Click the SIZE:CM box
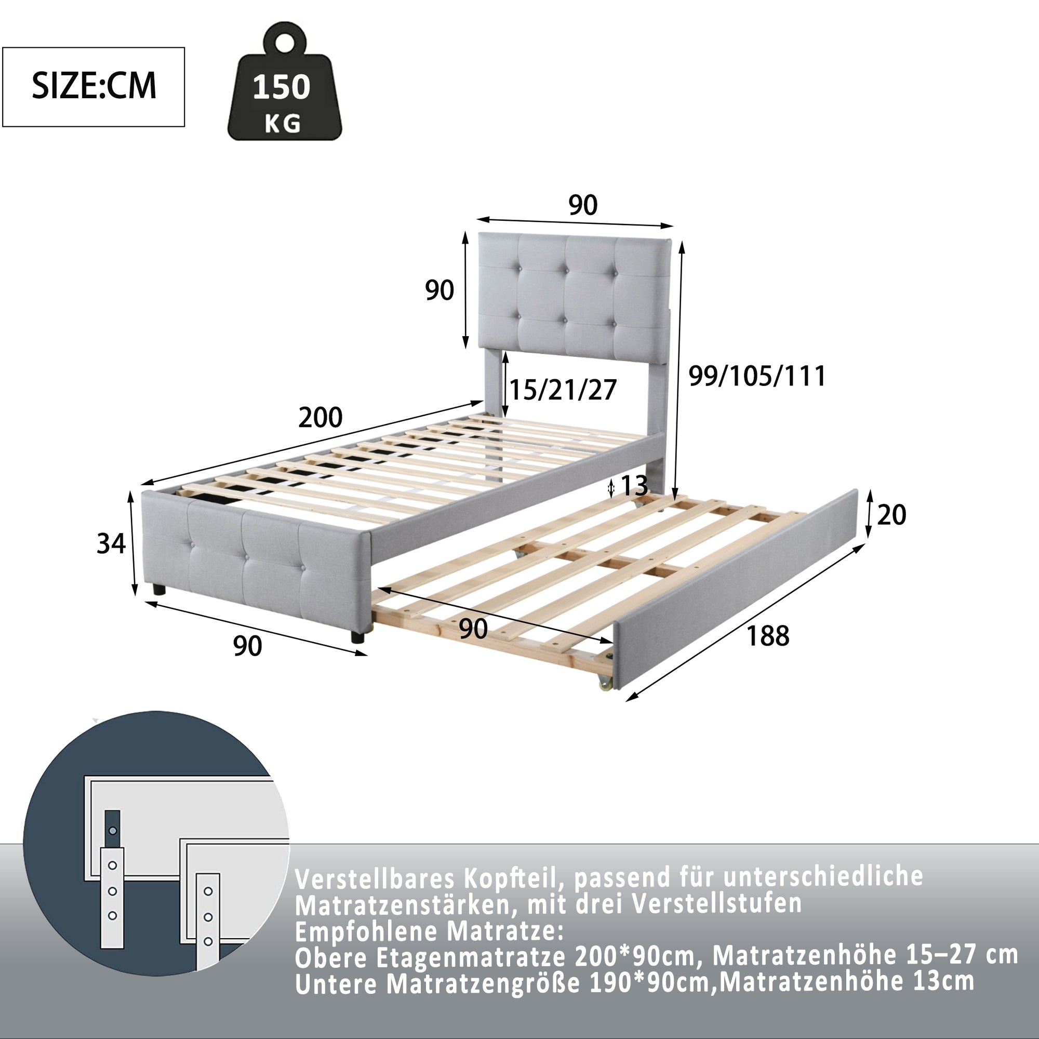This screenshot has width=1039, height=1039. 94,87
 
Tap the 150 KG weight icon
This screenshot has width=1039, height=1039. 285,82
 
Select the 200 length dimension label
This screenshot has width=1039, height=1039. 321,418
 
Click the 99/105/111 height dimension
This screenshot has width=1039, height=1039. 757,376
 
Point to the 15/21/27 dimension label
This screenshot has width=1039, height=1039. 563,390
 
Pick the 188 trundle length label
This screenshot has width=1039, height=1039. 768,636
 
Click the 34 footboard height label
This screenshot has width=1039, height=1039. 111,544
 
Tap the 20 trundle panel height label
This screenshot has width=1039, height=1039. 891,515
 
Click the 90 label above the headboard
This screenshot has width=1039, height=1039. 583,205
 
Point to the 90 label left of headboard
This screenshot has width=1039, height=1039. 439,290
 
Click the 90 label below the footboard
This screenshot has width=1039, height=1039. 247,646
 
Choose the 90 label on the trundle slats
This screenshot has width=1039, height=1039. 473,629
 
